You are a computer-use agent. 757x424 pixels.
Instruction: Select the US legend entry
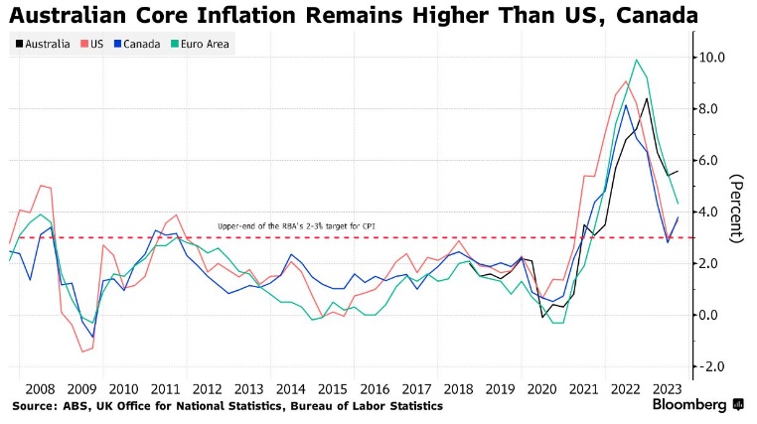point(94,43)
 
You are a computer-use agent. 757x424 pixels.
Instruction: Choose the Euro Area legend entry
point(201,43)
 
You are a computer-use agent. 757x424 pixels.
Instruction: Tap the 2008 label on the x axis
point(40,389)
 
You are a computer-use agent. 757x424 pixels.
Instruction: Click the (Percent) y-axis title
point(737,209)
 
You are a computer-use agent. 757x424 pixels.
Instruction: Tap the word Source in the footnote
point(34,406)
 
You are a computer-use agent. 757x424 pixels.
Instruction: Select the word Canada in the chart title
point(646,16)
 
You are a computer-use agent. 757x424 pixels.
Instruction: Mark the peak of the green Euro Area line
point(636,61)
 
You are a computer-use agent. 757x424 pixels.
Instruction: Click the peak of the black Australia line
point(647,97)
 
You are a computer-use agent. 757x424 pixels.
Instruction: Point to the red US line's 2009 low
point(83,352)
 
